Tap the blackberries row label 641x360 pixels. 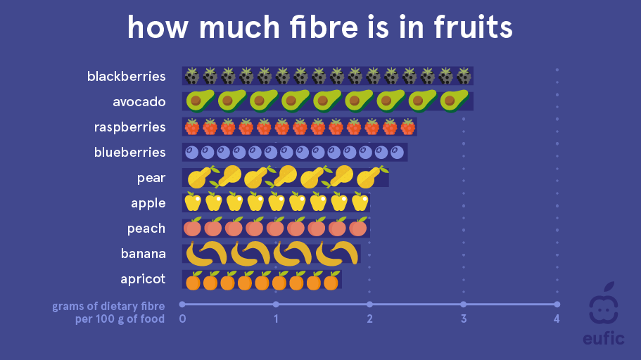pos(127,77)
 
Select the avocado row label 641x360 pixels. pos(139,102)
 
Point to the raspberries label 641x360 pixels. pos(129,127)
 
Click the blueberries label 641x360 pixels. pos(129,153)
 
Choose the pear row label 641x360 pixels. pos(151,179)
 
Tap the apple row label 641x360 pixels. pos(148,203)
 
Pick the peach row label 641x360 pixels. pos(146,229)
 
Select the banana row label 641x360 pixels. pos(144,254)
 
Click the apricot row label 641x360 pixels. pos(143,279)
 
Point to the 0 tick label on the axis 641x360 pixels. pos(182,319)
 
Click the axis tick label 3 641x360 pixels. pos(464,319)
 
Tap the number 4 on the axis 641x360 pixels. pos(557,319)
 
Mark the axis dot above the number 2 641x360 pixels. pos(369,304)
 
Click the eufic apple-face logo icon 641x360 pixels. pos(604,304)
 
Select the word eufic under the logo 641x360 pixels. pos(604,339)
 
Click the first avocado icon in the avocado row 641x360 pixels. pos(201,101)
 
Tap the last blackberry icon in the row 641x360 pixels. pos(464,76)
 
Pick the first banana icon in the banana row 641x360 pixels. pos(206,253)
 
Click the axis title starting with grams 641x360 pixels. pos(108,313)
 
